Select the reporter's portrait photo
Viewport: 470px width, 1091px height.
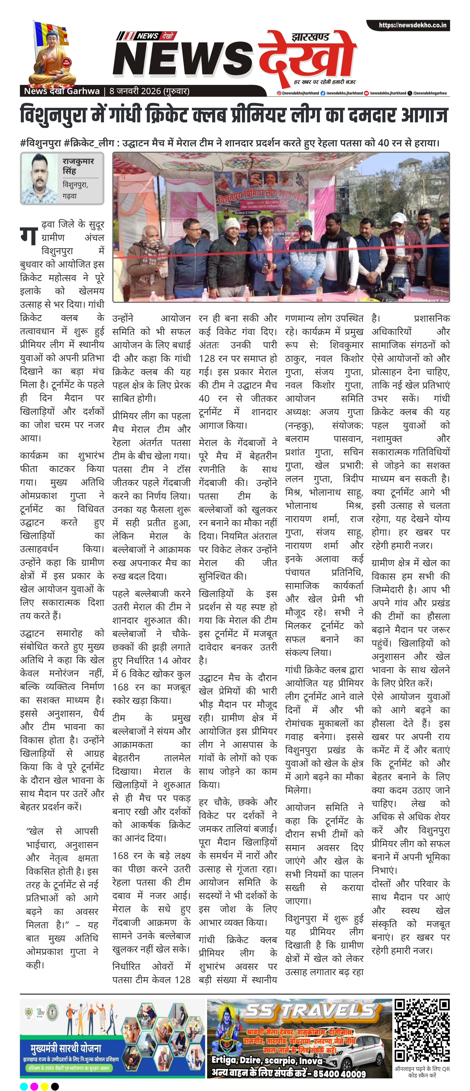39,178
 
